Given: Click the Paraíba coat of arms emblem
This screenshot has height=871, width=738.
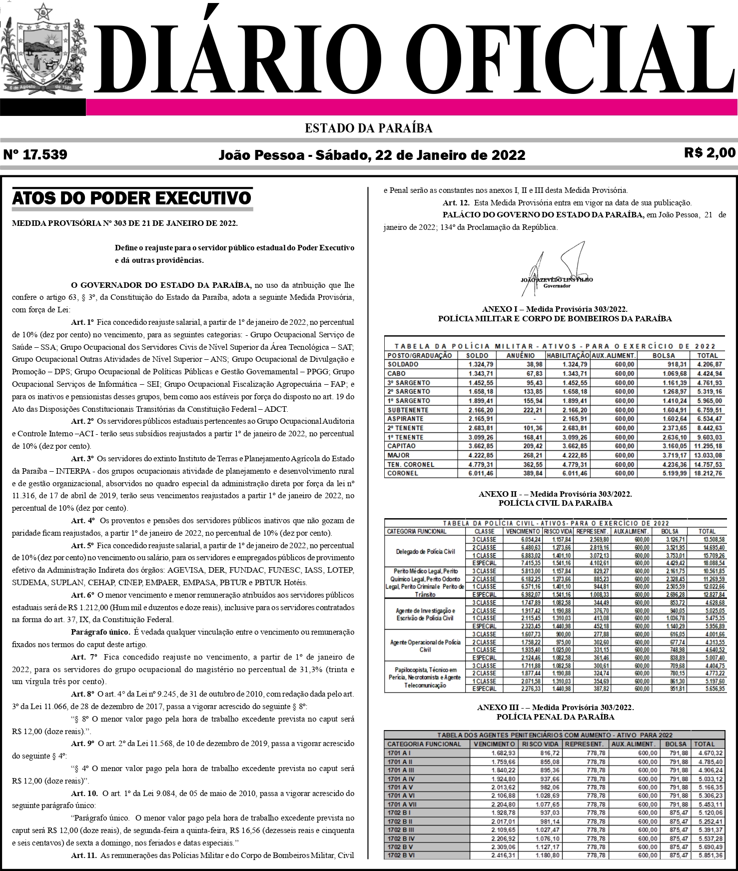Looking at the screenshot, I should pyautogui.click(x=44, y=50).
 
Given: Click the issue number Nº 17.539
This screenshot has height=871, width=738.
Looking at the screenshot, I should pyautogui.click(x=35, y=154).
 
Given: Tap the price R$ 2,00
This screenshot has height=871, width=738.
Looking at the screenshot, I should pyautogui.click(x=710, y=152).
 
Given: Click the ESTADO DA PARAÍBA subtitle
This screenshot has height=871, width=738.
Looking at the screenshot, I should pyautogui.click(x=369, y=128).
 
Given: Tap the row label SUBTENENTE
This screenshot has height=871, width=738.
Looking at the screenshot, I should pyautogui.click(x=408, y=410).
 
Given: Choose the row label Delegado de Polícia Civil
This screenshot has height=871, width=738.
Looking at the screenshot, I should pyautogui.click(x=425, y=552).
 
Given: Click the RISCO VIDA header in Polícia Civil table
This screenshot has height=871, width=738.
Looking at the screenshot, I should pyautogui.click(x=557, y=531).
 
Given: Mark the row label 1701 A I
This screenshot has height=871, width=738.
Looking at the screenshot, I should pyautogui.click(x=400, y=753).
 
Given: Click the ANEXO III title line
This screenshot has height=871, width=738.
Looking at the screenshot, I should pyautogui.click(x=555, y=708).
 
